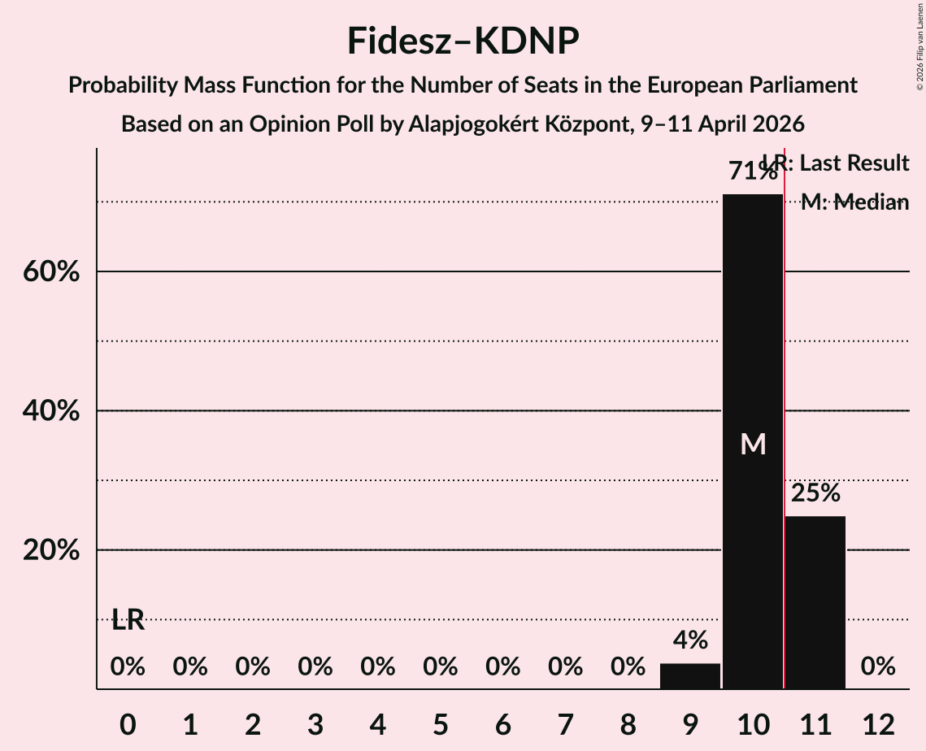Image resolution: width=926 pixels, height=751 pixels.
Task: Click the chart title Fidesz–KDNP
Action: [x=463, y=41]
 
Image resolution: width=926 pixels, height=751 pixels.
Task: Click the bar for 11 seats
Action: [x=815, y=601]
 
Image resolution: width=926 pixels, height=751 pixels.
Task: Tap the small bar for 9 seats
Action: [x=690, y=676]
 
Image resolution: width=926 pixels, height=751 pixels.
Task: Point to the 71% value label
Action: [x=752, y=171]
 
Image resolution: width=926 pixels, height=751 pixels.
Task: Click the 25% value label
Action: [x=815, y=493]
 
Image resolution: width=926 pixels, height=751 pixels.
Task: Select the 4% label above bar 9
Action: [x=690, y=640]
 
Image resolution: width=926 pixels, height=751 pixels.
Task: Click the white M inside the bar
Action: [x=753, y=444]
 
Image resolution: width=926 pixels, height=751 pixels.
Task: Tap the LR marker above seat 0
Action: [x=128, y=620]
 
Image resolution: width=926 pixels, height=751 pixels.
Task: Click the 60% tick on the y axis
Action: [x=51, y=272]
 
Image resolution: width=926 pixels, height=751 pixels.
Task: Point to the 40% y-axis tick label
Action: [x=51, y=411]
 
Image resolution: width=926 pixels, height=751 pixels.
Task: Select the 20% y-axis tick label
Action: [x=51, y=550]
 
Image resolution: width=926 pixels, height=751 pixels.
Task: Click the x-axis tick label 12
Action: [x=878, y=723]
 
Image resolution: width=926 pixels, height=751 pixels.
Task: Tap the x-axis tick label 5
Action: [x=440, y=723]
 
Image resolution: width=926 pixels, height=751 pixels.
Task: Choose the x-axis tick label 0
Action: [x=128, y=723]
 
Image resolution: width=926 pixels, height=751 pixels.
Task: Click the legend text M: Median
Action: [x=854, y=203]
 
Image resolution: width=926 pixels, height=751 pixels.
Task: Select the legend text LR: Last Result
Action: [x=837, y=163]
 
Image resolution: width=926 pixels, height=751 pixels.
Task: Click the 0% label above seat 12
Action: [x=878, y=667]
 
